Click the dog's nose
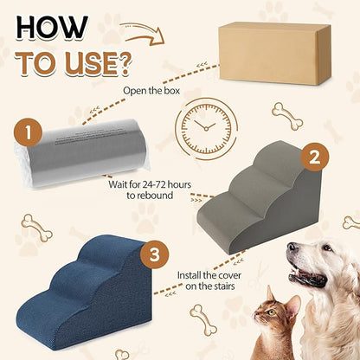coord(292,252)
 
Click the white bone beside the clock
coord(286,114)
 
